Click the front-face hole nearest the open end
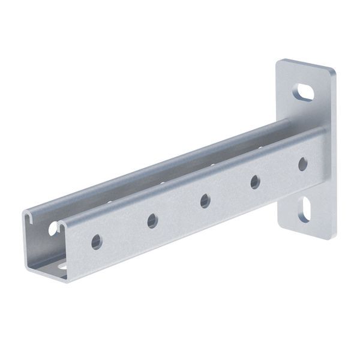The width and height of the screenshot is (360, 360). click(96, 242)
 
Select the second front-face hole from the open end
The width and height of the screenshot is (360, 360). click(152, 221)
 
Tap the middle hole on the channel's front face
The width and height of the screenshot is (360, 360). click(205, 200)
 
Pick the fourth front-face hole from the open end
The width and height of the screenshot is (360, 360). click(255, 181)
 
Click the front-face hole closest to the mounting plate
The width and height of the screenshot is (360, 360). click(302, 163)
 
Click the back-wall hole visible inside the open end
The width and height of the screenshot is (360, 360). click(53, 229)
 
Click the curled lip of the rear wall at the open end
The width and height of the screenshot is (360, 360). click(30, 217)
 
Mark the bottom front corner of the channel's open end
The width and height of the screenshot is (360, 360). click(67, 278)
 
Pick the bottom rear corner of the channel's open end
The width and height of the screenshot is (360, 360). click(27, 264)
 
